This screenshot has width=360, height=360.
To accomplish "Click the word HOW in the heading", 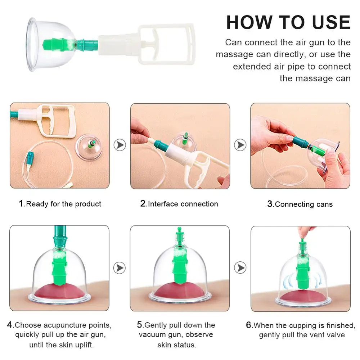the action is (249, 22).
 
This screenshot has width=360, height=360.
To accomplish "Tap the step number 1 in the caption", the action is (21, 203).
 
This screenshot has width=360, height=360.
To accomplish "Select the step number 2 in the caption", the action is (143, 203).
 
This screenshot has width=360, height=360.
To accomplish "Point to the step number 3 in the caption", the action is (270, 204).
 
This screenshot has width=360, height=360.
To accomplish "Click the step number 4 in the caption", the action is (10, 325).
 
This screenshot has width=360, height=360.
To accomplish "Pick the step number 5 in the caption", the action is (140, 325).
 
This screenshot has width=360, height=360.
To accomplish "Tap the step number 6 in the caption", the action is (249, 325).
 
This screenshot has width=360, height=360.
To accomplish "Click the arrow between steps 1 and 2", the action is (120, 145).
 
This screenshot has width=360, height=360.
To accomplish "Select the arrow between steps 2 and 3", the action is (240, 145).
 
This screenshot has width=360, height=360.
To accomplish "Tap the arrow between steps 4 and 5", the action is (120, 268).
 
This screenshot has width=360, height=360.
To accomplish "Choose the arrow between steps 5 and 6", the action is (240, 268).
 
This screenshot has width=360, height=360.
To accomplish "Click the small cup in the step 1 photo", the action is (89, 147).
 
